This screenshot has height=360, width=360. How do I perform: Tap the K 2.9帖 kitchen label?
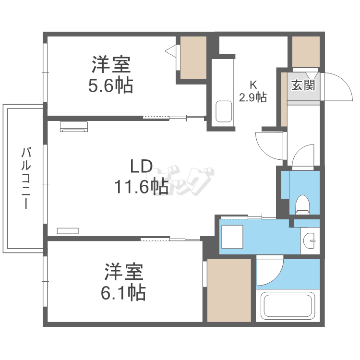pos(253,91)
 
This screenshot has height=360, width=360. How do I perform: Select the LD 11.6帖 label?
pos(141,176)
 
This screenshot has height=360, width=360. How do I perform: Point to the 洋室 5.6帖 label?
pos(111,74)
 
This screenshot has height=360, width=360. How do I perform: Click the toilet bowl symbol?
pos(303,204)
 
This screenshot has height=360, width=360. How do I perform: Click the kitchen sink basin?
pos(224,112)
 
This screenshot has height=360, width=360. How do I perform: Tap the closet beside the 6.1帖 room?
pos(229,290)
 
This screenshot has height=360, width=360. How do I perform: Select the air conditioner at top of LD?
pos(74,126)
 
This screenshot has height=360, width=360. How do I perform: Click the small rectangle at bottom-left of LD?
pos(68,230)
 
